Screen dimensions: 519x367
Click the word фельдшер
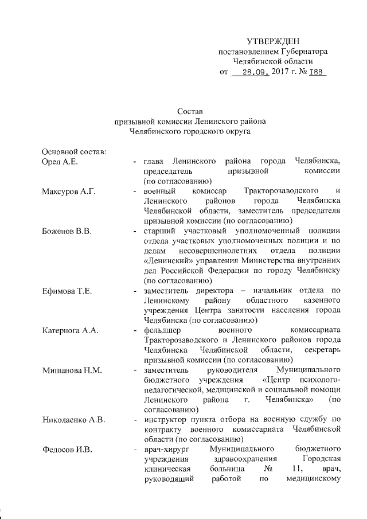[x=164, y=331]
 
